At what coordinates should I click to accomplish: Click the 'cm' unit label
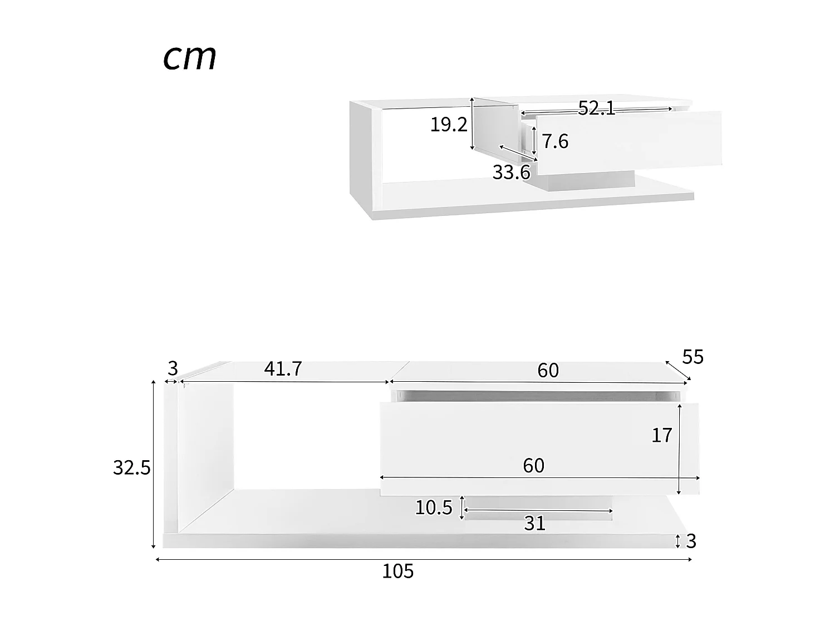[x=190, y=58]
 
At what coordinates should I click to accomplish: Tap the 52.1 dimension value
[x=596, y=108]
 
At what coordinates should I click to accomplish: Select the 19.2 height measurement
[x=449, y=125]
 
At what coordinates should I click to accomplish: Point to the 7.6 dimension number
[x=555, y=141]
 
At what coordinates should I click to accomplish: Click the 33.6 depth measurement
[x=511, y=172]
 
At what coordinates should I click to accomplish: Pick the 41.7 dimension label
[x=283, y=368]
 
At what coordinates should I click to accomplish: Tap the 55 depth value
[x=692, y=357]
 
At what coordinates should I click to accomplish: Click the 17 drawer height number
[x=662, y=435]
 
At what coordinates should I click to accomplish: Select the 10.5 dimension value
[x=434, y=507]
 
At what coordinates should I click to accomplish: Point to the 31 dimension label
[x=534, y=524]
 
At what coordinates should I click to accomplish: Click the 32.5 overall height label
[x=132, y=468]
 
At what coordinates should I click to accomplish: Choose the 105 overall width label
[x=397, y=571]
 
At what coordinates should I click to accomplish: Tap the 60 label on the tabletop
[x=548, y=370]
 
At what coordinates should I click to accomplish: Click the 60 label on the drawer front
[x=533, y=466]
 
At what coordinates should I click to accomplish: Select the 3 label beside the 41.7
[x=173, y=368]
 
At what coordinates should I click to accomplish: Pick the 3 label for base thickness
[x=691, y=541]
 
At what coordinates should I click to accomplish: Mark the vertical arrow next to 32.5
[x=154, y=465]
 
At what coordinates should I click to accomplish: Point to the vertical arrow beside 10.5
[x=462, y=507]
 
